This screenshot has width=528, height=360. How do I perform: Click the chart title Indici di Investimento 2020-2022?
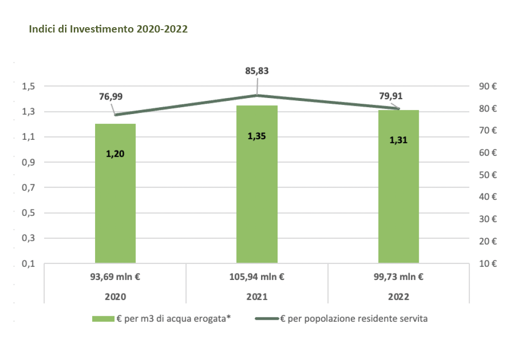pos(108,29)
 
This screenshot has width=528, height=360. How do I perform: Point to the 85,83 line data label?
pos(257,71)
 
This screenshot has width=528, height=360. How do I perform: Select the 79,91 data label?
pos(391,96)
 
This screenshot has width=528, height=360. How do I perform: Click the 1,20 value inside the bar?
pos(115,154)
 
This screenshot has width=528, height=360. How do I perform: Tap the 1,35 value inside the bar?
pos(257,136)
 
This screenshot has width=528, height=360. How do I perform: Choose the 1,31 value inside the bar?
pos(398,140)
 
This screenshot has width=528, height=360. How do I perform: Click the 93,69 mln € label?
pos(115,278)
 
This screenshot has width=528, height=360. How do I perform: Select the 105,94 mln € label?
pos(257,278)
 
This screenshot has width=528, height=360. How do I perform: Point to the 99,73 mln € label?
pos(398,278)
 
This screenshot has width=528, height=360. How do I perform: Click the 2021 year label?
pos(257,297)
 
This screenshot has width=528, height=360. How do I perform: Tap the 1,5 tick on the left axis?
pos(29,86)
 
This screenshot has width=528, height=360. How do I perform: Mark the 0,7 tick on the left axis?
pos(29,188)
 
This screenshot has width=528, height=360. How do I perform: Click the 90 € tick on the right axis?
pos(487,86)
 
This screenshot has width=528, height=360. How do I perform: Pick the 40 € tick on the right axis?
pos(487,197)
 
